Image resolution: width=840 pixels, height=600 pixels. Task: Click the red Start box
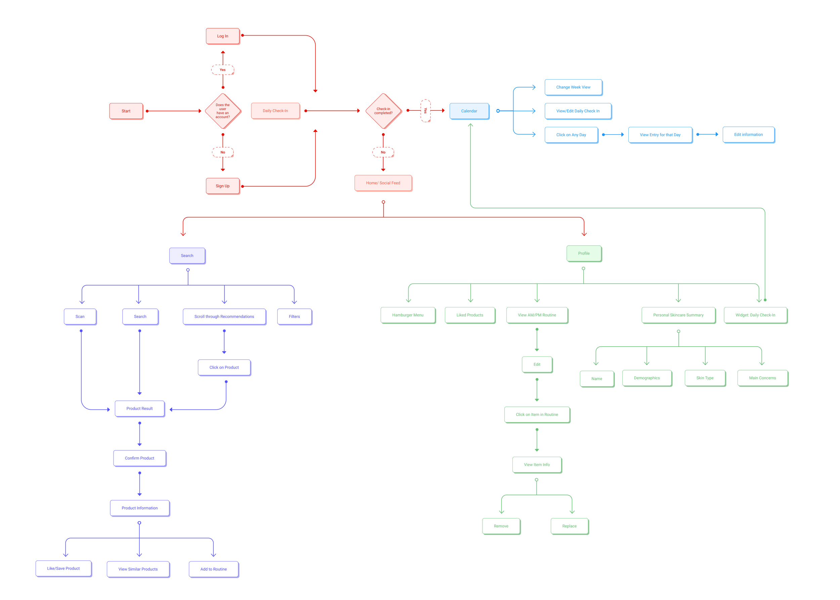(126, 111)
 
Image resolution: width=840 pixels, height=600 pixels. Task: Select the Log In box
(222, 36)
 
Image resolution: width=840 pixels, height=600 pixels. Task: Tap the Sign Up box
(222, 186)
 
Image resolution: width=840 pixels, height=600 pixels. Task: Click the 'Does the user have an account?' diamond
(222, 111)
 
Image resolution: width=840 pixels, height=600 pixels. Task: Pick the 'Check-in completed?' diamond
(383, 111)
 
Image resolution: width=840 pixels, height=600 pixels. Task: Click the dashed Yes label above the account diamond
(222, 70)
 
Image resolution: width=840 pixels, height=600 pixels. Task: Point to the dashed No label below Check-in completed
(383, 152)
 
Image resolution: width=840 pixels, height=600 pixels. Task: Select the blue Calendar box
(469, 111)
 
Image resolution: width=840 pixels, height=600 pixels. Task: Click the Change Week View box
(573, 87)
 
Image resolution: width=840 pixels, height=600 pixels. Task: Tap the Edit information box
(748, 135)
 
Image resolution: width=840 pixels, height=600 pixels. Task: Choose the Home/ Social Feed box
(383, 183)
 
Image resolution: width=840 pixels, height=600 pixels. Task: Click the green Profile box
(583, 253)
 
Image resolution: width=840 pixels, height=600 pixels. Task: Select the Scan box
(80, 317)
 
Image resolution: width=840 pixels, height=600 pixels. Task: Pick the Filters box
(294, 317)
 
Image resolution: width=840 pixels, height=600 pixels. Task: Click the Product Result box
(139, 408)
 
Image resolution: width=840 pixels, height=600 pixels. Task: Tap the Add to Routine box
(213, 569)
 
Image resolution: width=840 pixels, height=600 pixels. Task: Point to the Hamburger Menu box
(408, 315)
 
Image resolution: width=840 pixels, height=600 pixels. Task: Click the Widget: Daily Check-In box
(755, 315)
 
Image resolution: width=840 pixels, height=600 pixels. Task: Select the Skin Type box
(705, 378)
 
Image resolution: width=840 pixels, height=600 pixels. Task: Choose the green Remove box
(501, 526)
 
